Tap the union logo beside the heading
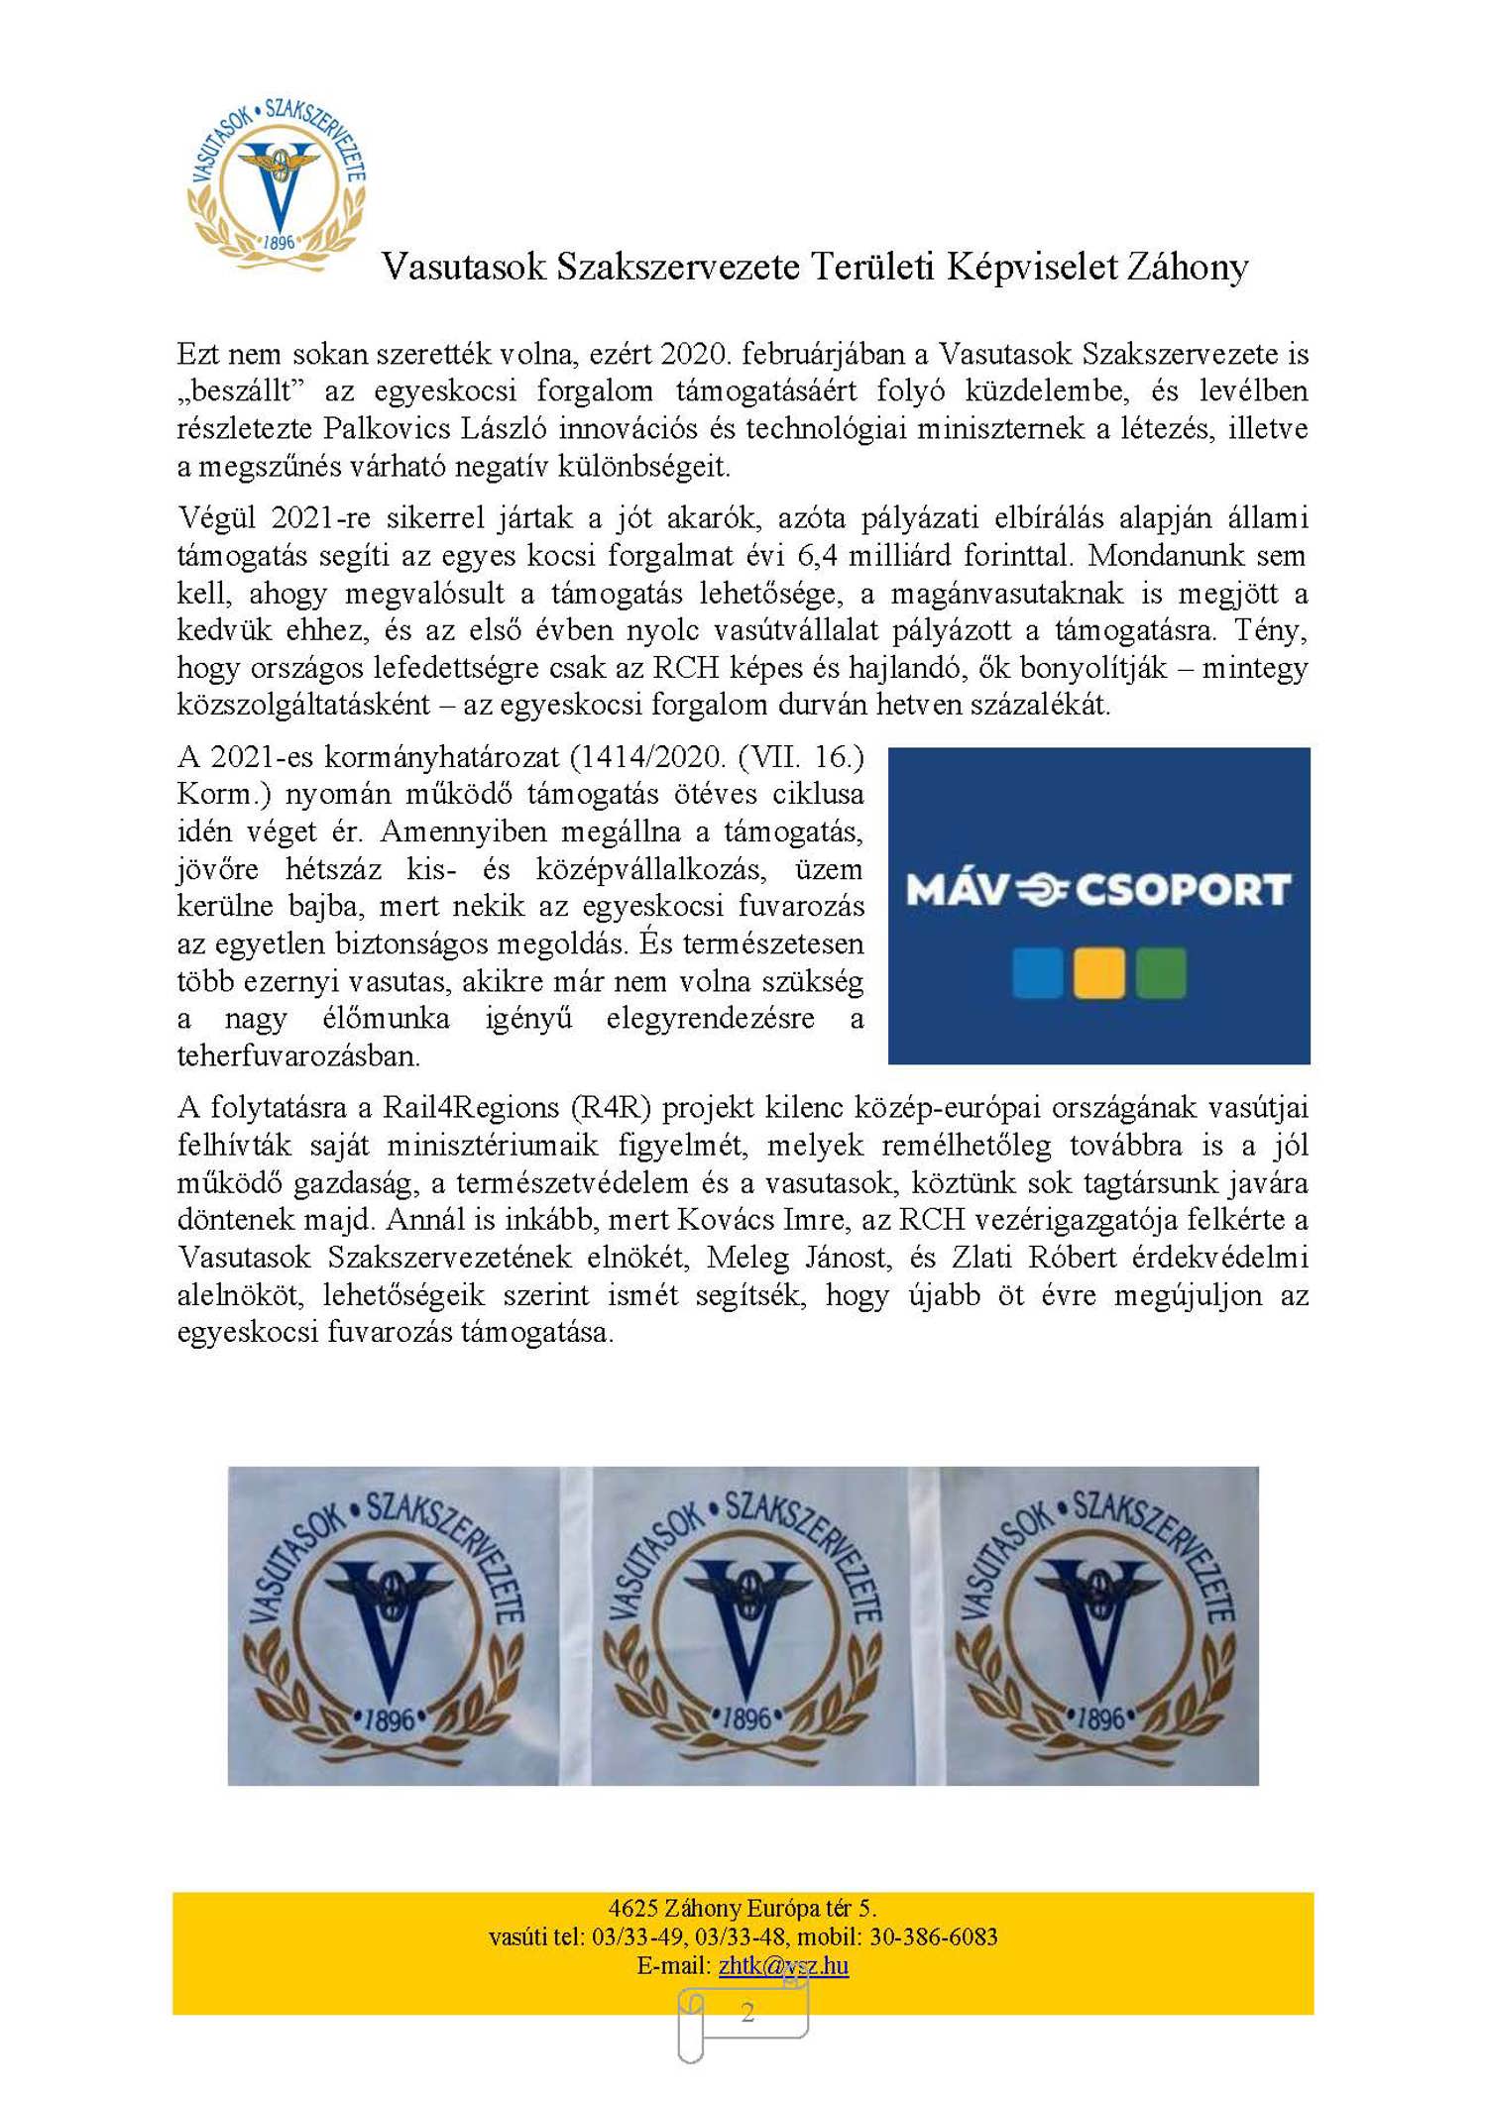click(x=278, y=184)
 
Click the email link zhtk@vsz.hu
click(x=783, y=1965)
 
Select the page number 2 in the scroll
click(x=747, y=2012)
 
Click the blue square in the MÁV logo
click(x=1037, y=972)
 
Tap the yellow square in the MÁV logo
click(x=1098, y=972)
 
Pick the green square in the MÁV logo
click(x=1160, y=972)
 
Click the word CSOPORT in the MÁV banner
click(x=1183, y=890)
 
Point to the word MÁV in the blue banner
click(x=956, y=890)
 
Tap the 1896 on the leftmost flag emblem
click(x=389, y=1720)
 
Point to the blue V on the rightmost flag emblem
click(x=1096, y=1625)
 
